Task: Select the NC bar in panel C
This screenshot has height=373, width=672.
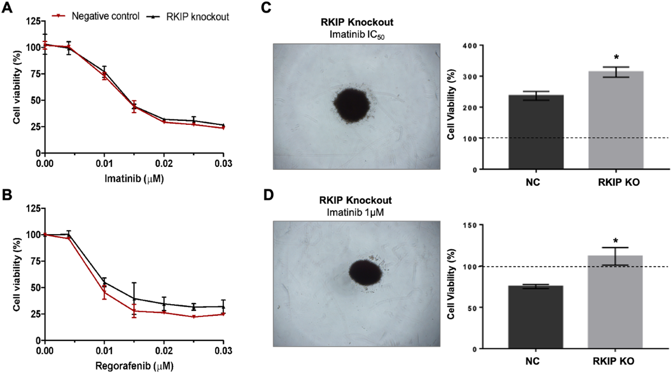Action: click(x=536, y=132)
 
